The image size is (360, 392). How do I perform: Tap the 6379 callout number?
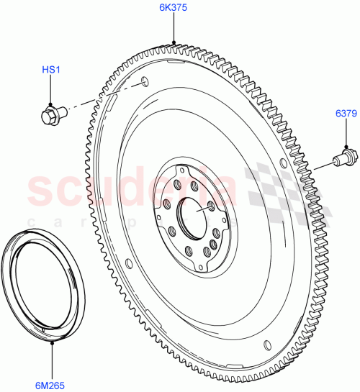[346, 114]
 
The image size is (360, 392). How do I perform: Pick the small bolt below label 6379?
[343, 155]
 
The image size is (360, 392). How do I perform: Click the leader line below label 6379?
[346, 134]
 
